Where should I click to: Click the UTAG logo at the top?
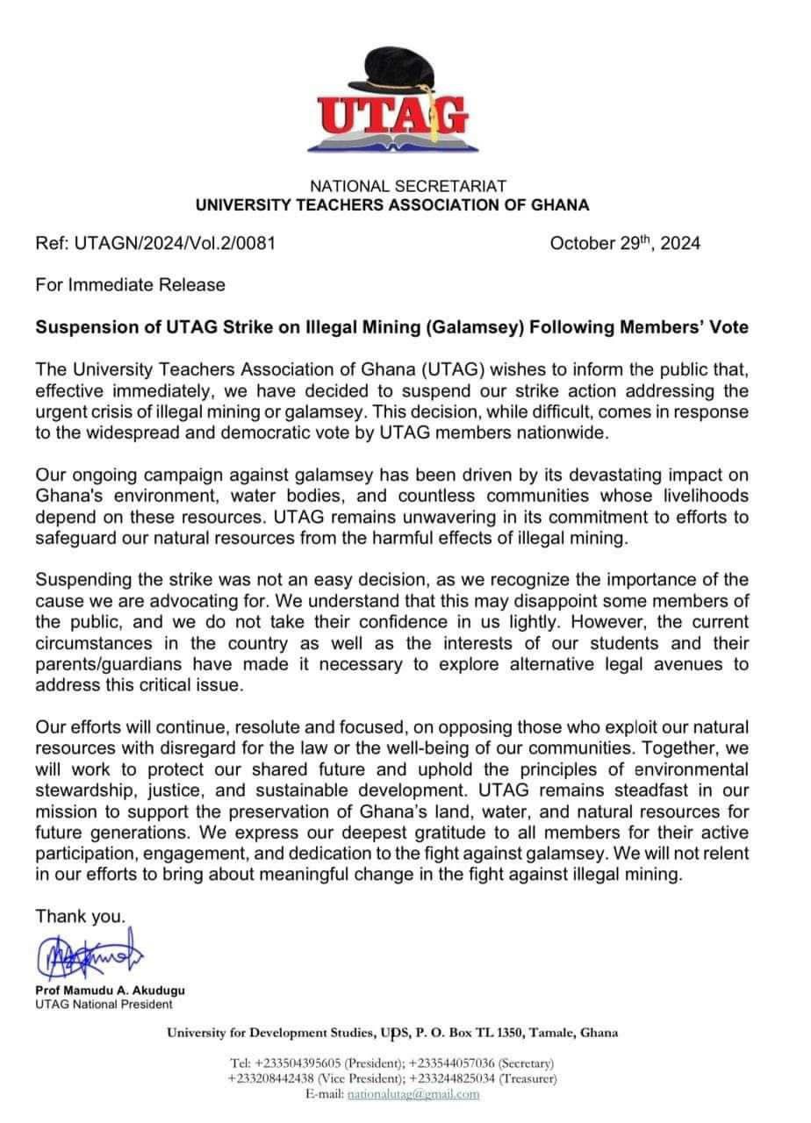click(392, 106)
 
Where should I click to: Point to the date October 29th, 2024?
click(625, 243)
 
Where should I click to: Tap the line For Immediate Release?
click(130, 284)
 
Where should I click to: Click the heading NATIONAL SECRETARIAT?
click(407, 186)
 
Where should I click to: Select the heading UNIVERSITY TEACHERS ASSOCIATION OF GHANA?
click(391, 205)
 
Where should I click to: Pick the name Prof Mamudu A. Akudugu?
click(111, 990)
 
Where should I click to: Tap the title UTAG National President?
click(104, 1005)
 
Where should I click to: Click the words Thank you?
click(80, 916)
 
